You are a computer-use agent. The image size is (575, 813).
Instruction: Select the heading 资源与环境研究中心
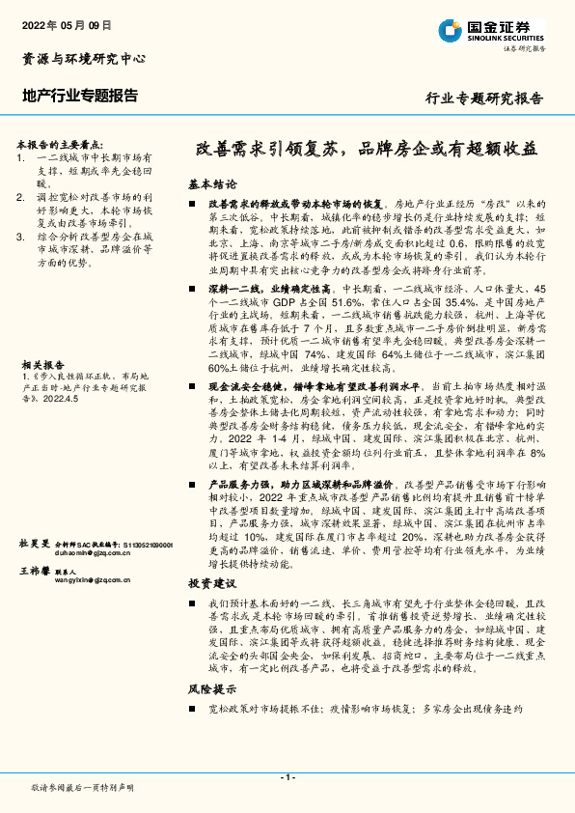tap(84, 59)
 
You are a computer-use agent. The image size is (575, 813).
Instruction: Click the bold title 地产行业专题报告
tap(80, 97)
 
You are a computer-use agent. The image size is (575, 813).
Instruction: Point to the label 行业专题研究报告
tap(484, 98)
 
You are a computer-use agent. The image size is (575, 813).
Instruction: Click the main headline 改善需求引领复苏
tap(260, 151)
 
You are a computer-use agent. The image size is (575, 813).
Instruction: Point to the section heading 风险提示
tap(212, 689)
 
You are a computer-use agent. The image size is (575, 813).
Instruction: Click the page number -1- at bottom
tap(287, 777)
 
